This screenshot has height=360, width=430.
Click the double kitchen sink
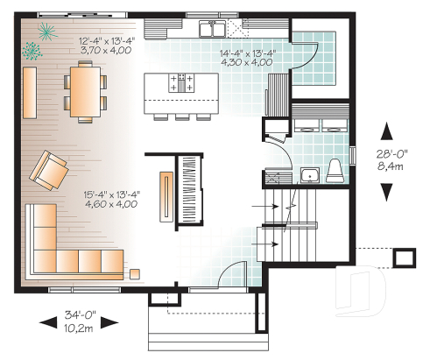[210, 31]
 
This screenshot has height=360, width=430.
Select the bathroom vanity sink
[308, 176]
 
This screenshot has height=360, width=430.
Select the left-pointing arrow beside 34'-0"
[47, 321]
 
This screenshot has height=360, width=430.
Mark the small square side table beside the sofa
[135, 273]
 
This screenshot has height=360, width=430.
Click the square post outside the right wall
[405, 258]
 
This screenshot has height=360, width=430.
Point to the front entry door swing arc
[229, 275]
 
